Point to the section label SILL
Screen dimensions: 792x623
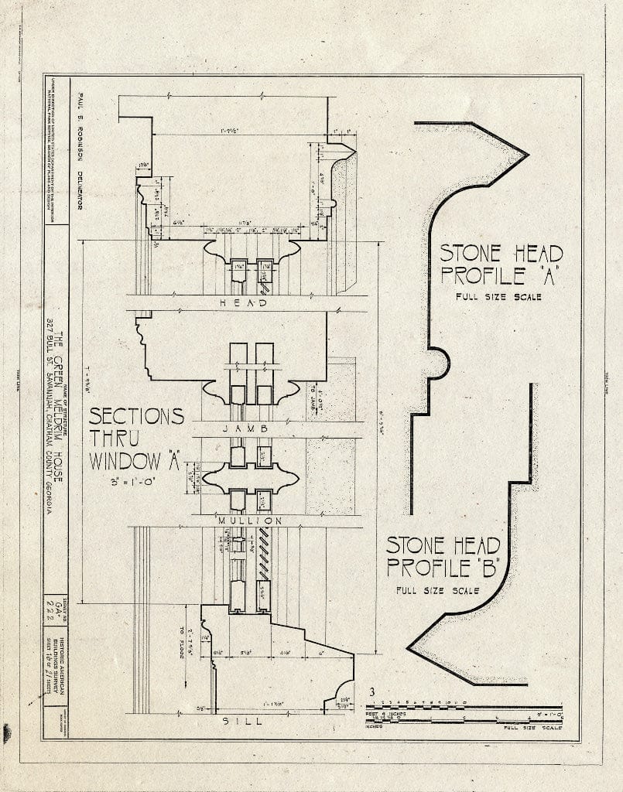point(243,721)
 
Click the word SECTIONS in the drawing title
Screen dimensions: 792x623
point(136,416)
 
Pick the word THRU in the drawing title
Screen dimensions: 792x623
point(115,439)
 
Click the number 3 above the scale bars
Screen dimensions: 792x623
point(372,692)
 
